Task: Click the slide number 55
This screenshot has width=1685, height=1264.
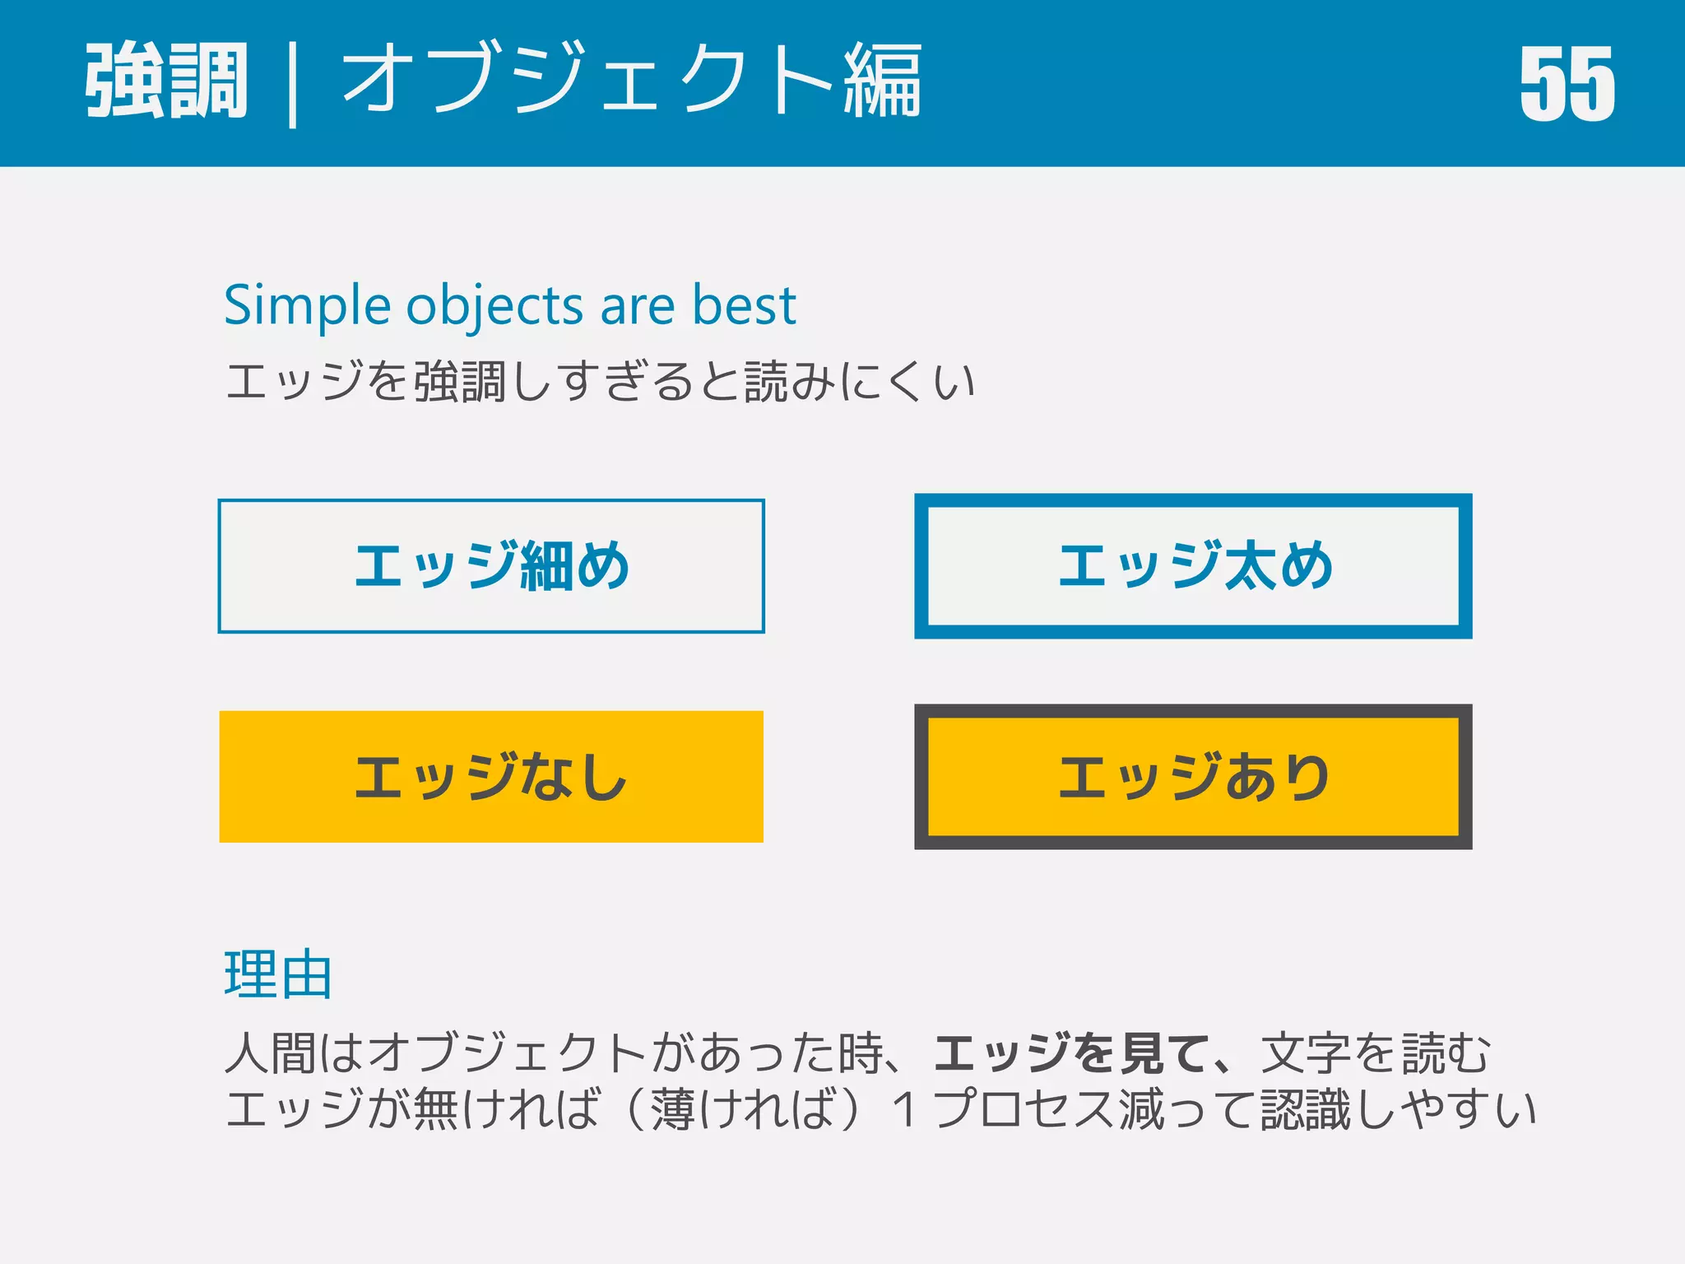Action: [1567, 83]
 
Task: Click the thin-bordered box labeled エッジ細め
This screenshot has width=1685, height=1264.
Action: [491, 566]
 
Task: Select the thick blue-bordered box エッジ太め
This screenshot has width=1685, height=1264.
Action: [1193, 566]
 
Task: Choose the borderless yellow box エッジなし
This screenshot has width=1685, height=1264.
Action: [491, 777]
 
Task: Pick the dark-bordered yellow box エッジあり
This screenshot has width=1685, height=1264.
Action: [1193, 777]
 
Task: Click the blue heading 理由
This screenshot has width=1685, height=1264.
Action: [278, 975]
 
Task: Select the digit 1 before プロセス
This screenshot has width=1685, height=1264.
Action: [906, 1109]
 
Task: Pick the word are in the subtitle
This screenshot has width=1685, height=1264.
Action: [638, 306]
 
